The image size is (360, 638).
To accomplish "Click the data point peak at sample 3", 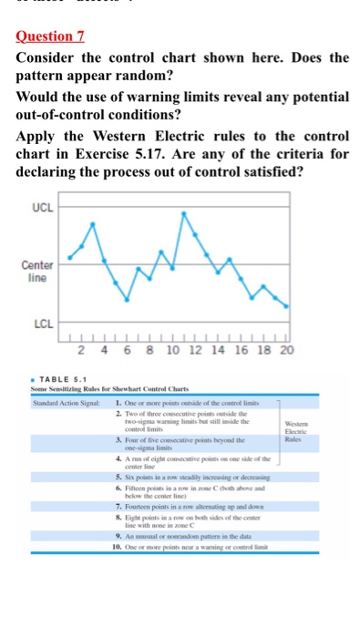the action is pos(94,221).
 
